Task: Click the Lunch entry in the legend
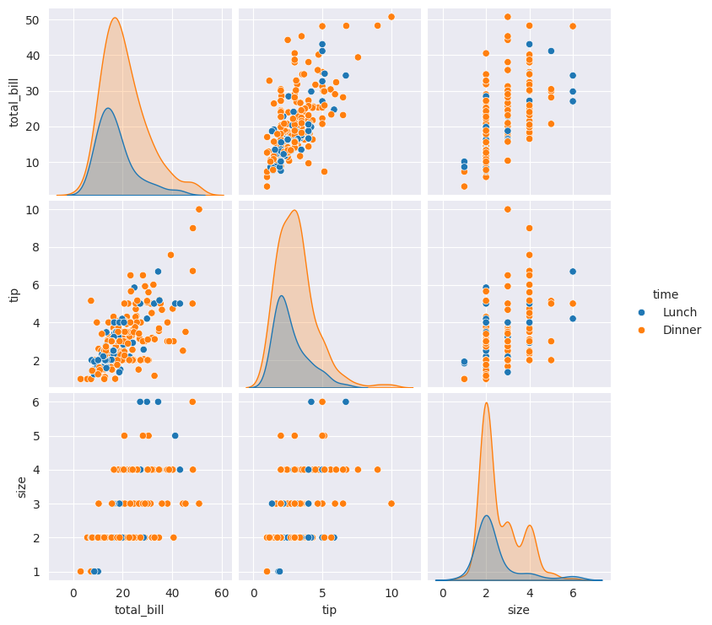[x=680, y=312]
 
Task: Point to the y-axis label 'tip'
[x=14, y=294]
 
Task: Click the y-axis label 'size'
[x=22, y=486]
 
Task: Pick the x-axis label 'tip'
[x=329, y=609]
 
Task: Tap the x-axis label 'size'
[x=519, y=609]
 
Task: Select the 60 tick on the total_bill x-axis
[x=221, y=593]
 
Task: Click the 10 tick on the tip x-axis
[x=391, y=593]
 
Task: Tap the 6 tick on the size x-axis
[x=573, y=593]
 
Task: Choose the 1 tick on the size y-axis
[x=38, y=572]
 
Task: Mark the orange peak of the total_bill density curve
[x=115, y=18]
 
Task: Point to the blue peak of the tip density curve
[x=281, y=295]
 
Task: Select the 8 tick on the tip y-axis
[x=38, y=247]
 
